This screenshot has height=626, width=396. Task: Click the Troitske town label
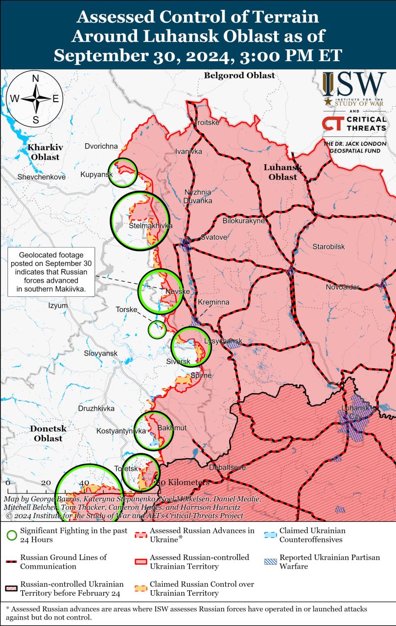[x=207, y=122]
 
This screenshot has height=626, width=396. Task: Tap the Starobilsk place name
[x=328, y=246]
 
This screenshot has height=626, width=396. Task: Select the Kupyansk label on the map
[x=97, y=175]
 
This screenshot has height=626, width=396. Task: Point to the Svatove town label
[x=214, y=237]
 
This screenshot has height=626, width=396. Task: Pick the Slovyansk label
[x=100, y=353]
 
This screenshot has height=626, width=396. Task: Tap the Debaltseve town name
[x=227, y=468]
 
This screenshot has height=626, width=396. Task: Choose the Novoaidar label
[x=343, y=287]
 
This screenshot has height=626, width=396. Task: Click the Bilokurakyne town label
[x=243, y=221]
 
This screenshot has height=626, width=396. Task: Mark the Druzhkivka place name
[x=96, y=408]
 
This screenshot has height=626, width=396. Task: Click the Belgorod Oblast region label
[x=239, y=75]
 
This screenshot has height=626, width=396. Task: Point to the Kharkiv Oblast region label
[x=44, y=152]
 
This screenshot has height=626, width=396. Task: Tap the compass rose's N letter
[x=35, y=79]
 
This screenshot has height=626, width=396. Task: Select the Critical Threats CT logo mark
[x=332, y=124]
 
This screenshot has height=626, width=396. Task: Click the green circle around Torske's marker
[x=157, y=330]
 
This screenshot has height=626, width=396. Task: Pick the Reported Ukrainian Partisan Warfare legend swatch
[x=270, y=562]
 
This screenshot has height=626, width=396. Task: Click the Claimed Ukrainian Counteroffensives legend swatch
[x=270, y=535]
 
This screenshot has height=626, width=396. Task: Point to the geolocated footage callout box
[x=51, y=272]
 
